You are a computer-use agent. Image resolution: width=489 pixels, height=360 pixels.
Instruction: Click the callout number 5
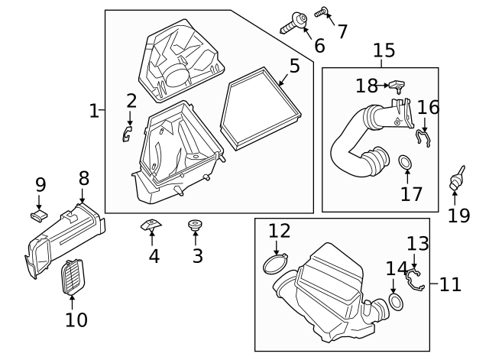(294, 66)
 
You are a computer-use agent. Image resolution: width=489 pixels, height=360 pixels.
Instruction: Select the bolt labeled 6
(294, 22)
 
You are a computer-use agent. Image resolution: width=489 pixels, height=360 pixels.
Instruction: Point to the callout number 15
(384, 50)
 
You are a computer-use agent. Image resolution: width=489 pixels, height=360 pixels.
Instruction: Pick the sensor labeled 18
(397, 86)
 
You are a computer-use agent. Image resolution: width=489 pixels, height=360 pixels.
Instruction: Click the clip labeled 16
(423, 138)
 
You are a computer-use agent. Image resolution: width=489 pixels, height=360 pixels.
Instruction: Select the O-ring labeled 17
(406, 163)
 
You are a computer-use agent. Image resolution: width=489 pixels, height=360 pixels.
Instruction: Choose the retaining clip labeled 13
(415, 278)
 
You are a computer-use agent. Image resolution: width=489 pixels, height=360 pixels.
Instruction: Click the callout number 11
(451, 285)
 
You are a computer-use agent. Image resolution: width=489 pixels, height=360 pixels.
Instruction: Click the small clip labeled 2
(128, 135)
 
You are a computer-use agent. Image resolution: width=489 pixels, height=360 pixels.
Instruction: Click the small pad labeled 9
(39, 215)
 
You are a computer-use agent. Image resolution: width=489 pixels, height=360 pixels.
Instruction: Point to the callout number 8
(84, 179)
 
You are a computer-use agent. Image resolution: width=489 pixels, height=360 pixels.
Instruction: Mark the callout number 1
(93, 111)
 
